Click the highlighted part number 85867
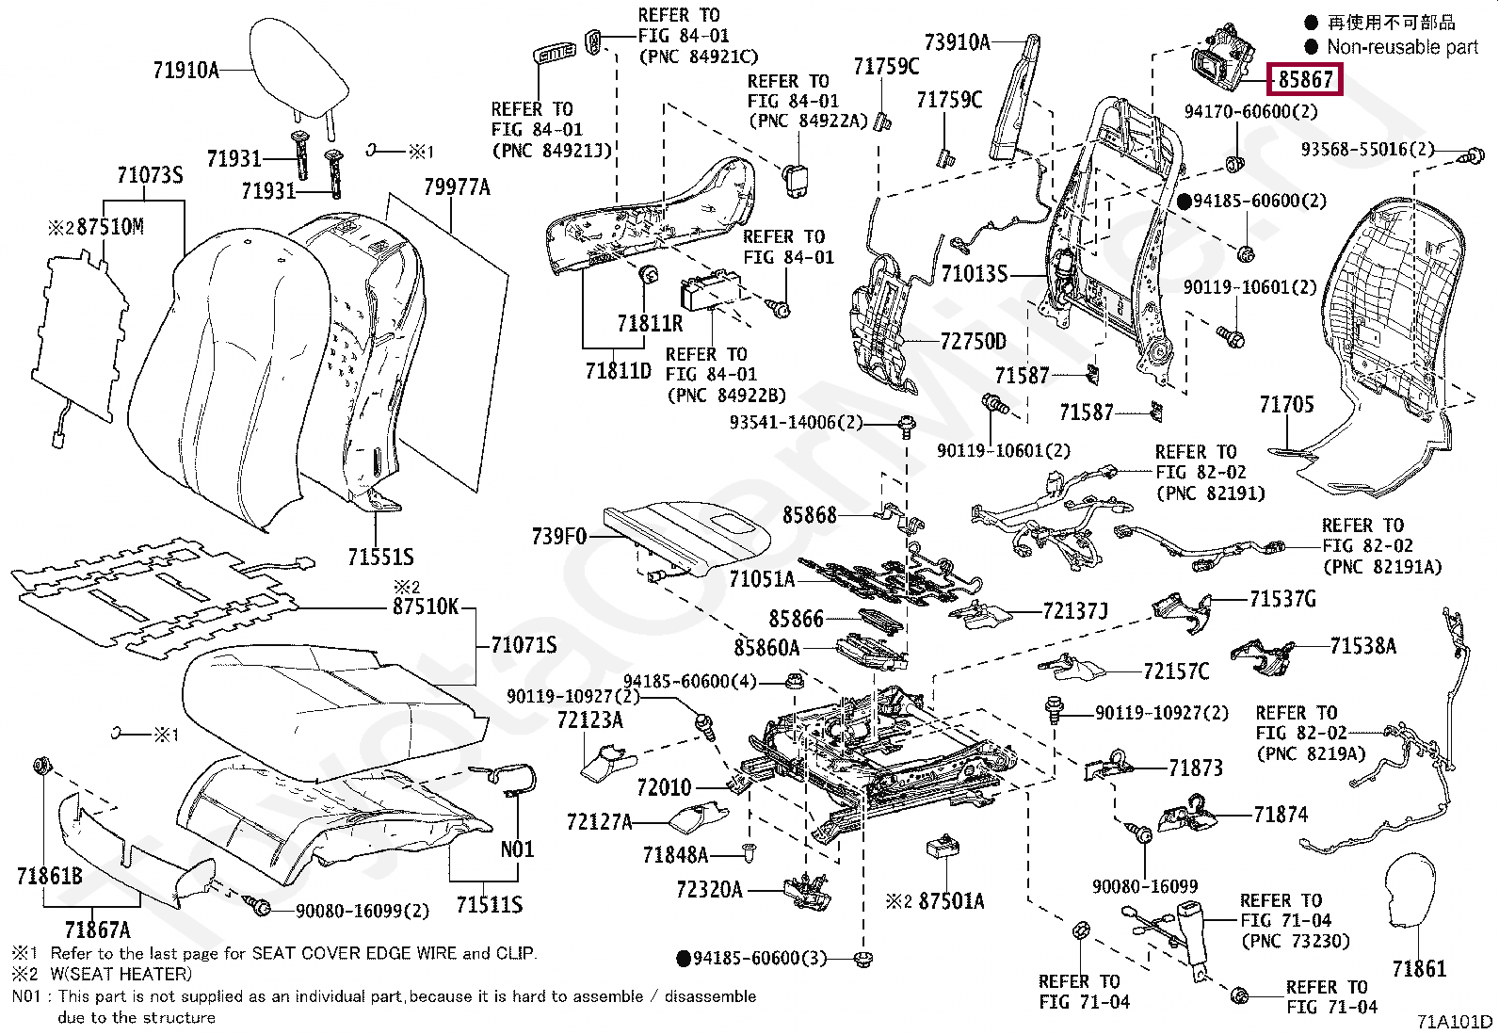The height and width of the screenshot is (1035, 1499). [1305, 80]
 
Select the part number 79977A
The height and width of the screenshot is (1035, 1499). [457, 187]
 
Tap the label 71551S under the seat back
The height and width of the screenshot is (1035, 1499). [380, 558]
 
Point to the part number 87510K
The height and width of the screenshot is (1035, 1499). [426, 606]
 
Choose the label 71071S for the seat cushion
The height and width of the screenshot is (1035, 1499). [524, 645]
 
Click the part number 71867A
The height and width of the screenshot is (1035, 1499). [98, 930]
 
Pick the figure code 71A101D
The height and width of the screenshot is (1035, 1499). [1455, 1022]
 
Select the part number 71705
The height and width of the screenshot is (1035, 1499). [1286, 405]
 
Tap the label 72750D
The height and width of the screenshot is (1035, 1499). [973, 342]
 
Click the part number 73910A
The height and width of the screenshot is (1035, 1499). [957, 42]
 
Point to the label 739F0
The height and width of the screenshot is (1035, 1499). [559, 537]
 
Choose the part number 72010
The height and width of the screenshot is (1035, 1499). [664, 787]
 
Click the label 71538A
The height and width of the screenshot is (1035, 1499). [1362, 646]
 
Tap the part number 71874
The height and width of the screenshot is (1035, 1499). [1281, 815]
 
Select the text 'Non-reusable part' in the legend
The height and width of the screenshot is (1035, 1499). [1402, 47]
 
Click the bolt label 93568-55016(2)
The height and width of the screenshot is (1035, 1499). [1367, 150]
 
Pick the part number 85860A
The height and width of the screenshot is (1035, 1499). [766, 648]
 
